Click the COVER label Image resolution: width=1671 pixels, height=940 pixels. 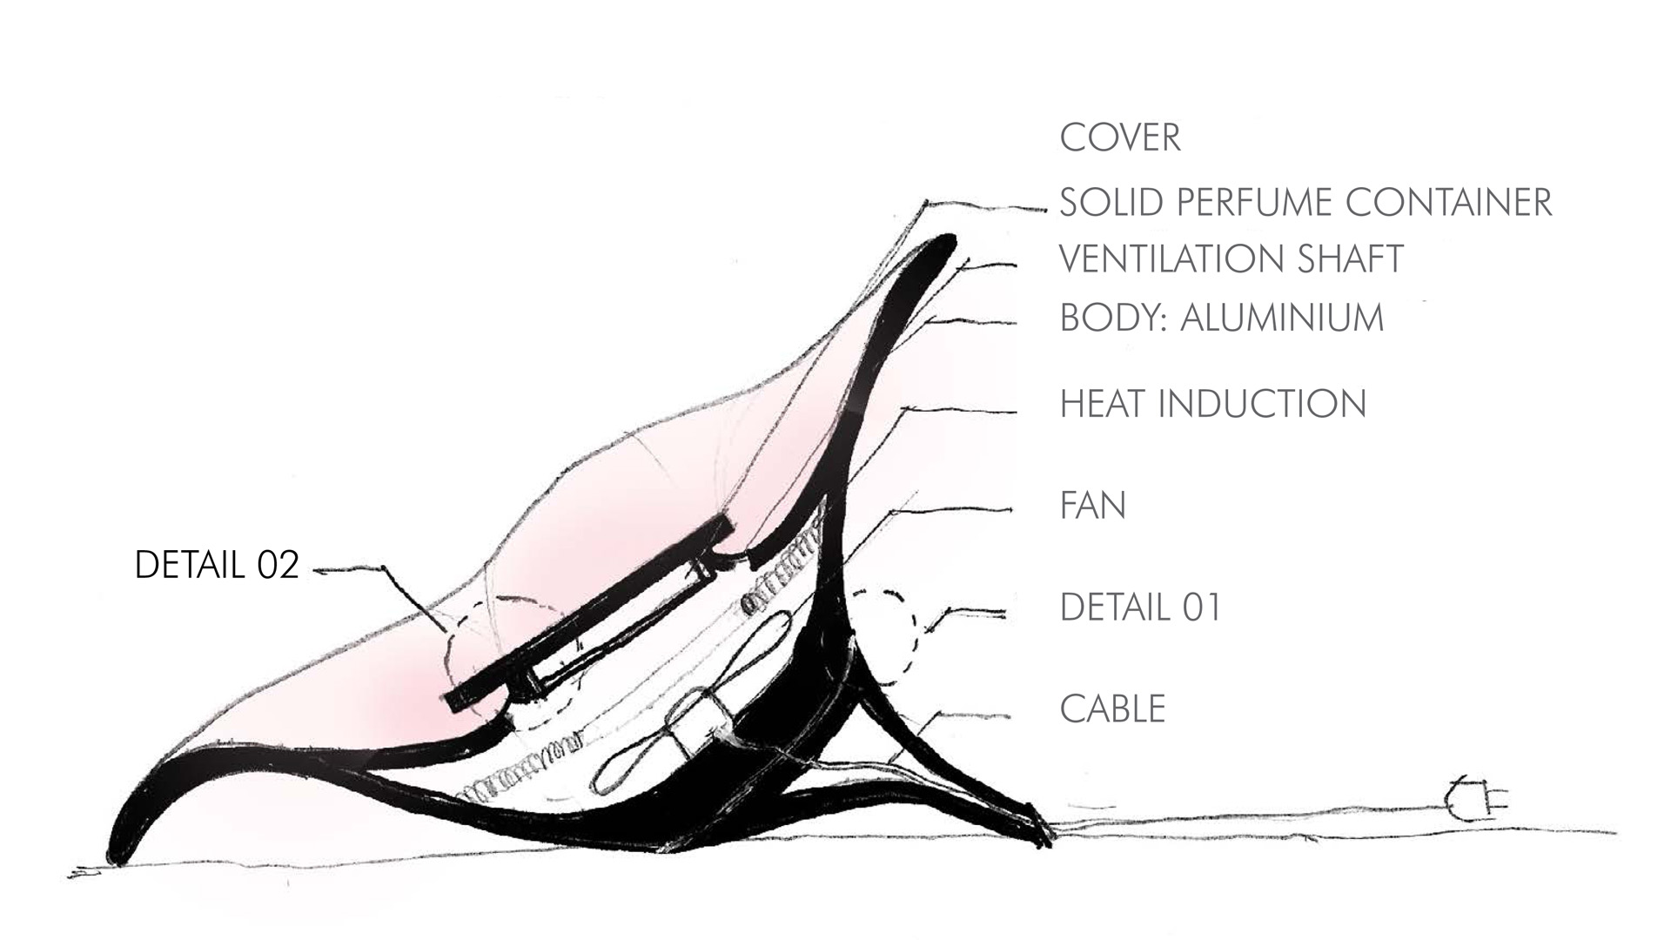click(x=1120, y=138)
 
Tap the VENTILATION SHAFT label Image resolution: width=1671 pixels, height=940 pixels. click(x=1231, y=258)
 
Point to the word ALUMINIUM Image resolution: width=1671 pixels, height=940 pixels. click(x=1282, y=318)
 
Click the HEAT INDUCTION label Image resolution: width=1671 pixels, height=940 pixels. click(x=1213, y=404)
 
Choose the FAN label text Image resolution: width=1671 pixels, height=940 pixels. click(x=1093, y=505)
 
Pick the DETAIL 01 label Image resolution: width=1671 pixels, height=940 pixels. click(x=1141, y=607)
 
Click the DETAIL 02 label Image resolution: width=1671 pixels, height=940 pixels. click(x=217, y=566)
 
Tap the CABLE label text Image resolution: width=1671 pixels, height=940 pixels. click(x=1112, y=708)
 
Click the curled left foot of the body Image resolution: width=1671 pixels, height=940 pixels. click(x=131, y=836)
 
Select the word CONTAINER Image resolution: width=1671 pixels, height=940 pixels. click(x=1437, y=202)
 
